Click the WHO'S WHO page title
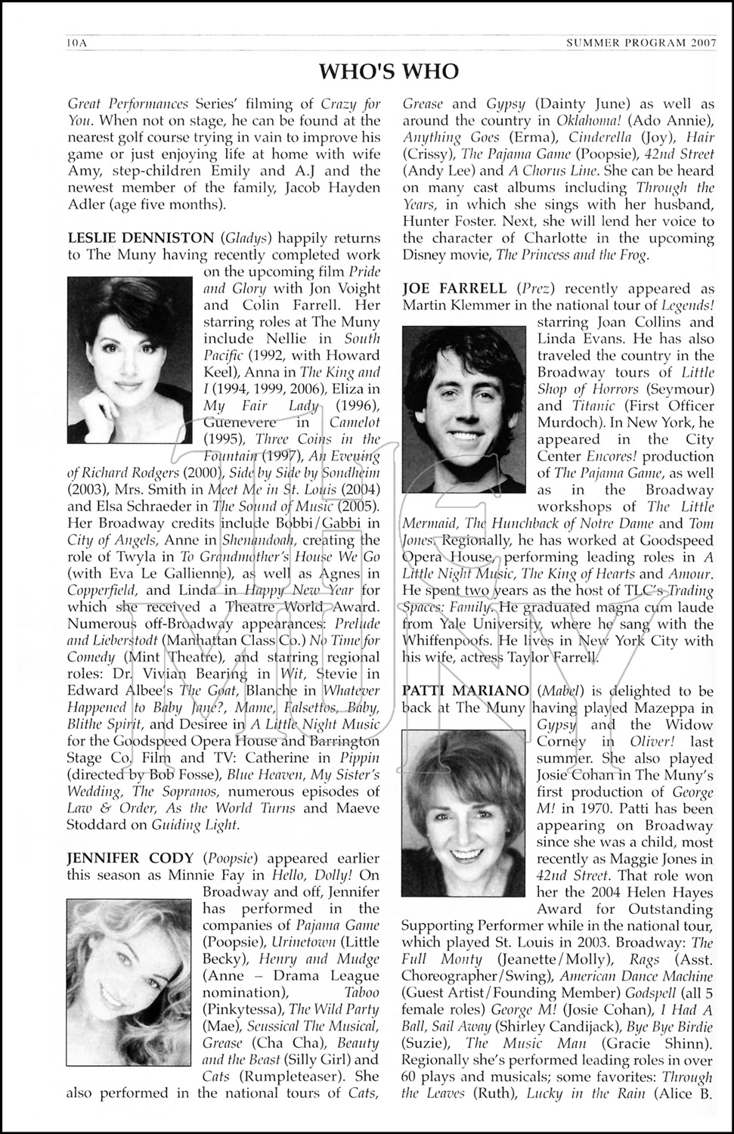click(x=389, y=72)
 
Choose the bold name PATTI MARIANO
click(x=466, y=691)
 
